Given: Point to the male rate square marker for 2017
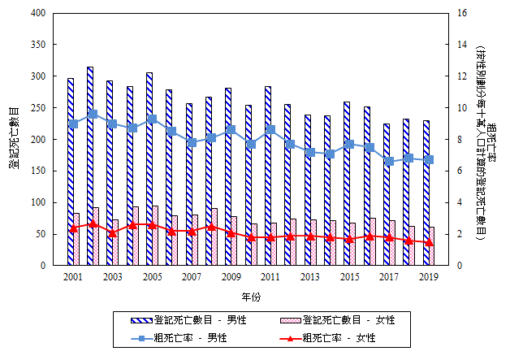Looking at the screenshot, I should (389, 161).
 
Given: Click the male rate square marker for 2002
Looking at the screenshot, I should (93, 114).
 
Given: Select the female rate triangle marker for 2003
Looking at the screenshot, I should (112, 232).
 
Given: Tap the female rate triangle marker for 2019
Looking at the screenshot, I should (429, 242).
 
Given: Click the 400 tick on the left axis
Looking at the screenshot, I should (37, 14).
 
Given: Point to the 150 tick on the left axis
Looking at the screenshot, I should (37, 171).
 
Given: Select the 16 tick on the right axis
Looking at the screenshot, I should (463, 14).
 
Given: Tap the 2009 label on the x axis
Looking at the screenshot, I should (231, 278).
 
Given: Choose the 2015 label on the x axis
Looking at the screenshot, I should (350, 278).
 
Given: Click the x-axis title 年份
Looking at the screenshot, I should (251, 294).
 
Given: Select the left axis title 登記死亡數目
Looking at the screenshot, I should (13, 138).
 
